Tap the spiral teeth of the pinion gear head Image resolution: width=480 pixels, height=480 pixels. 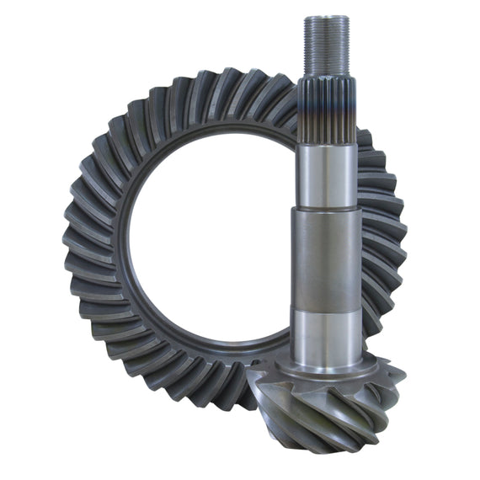pos(337,413)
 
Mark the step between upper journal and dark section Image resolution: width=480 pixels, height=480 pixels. pos(324,210)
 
